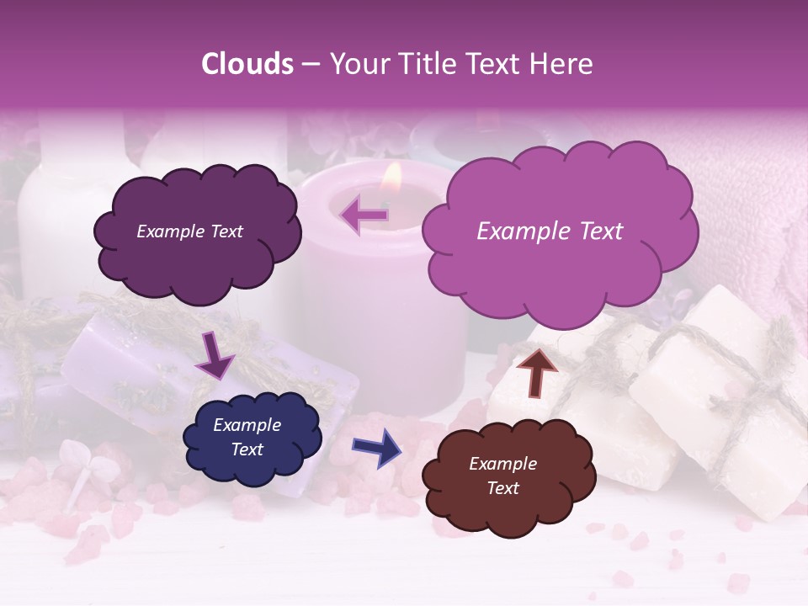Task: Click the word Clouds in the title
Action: pyautogui.click(x=247, y=64)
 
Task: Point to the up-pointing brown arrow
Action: pyautogui.click(x=536, y=370)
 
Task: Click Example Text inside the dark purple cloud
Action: pyautogui.click(x=189, y=231)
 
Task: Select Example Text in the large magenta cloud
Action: pyautogui.click(x=550, y=231)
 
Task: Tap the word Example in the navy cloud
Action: pyautogui.click(x=247, y=425)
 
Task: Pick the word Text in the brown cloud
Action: pyautogui.click(x=503, y=488)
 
